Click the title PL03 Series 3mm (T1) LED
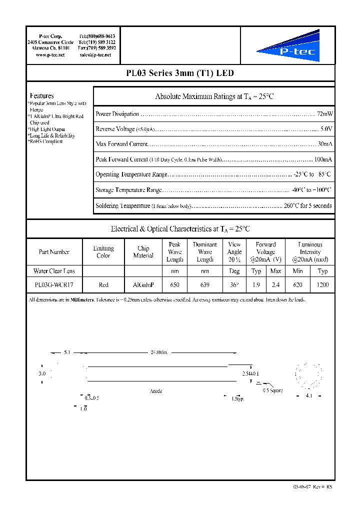pyautogui.click(x=180, y=73)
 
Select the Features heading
pyautogui.click(x=42, y=95)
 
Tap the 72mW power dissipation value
pyautogui.click(x=325, y=114)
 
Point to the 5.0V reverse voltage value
pyautogui.click(x=326, y=129)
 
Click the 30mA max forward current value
pyautogui.click(x=325, y=144)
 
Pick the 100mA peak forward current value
pyautogui.click(x=323, y=159)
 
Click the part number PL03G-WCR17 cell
pyautogui.click(x=54, y=284)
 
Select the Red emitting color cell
pyautogui.click(x=103, y=284)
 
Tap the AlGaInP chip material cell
pyautogui.click(x=143, y=284)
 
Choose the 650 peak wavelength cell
pyautogui.click(x=174, y=284)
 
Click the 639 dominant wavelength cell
pyautogui.click(x=205, y=284)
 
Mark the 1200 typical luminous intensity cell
pyautogui.click(x=322, y=284)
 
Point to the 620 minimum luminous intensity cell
pyautogui.click(x=298, y=284)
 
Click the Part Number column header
pyautogui.click(x=54, y=252)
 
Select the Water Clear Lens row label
pyautogui.click(x=54, y=271)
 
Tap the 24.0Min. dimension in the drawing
pyautogui.click(x=159, y=352)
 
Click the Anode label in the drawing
pyautogui.click(x=156, y=391)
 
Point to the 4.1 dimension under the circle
pyautogui.click(x=308, y=396)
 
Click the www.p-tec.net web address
pyautogui.click(x=50, y=55)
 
